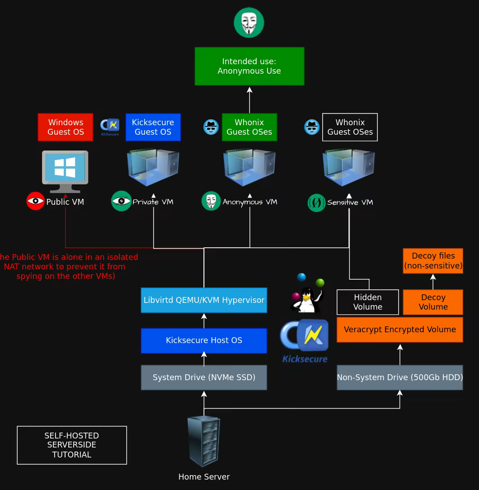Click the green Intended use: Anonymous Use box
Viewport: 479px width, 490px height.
tap(249, 66)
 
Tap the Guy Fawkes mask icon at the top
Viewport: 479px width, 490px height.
tap(249, 23)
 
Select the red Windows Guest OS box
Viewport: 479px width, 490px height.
tap(66, 127)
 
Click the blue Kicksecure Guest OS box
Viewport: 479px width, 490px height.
tap(153, 127)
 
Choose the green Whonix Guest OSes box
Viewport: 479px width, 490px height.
tap(249, 127)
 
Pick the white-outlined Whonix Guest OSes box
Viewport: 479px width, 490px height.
tap(350, 127)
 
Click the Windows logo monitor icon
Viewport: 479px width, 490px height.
tap(65, 171)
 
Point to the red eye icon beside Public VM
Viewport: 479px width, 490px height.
tap(35, 201)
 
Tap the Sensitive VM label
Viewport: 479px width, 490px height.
tap(350, 202)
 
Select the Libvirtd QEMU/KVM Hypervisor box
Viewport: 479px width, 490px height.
tap(204, 300)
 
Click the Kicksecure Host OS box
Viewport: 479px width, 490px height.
tap(204, 340)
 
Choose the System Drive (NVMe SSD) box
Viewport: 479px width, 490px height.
tap(204, 377)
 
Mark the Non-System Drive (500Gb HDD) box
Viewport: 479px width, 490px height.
tap(400, 377)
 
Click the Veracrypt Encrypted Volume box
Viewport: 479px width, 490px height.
tap(400, 330)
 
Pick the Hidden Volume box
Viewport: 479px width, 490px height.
tap(368, 302)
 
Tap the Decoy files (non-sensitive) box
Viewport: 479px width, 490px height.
tap(433, 261)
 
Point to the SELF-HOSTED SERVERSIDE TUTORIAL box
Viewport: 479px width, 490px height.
tap(72, 445)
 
